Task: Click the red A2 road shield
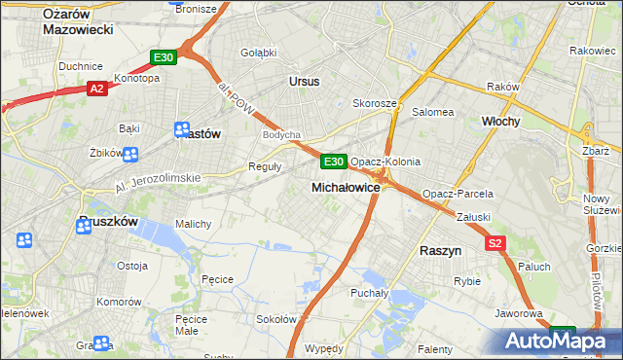click(x=96, y=89)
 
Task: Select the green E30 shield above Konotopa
click(x=163, y=58)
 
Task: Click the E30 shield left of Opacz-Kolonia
click(x=333, y=162)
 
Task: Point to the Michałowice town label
click(x=346, y=186)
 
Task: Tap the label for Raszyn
click(x=439, y=250)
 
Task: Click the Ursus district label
click(x=304, y=82)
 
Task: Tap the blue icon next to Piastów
click(x=182, y=130)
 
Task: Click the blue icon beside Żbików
click(x=130, y=154)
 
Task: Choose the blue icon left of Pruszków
click(x=24, y=239)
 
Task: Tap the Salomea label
click(x=433, y=112)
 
